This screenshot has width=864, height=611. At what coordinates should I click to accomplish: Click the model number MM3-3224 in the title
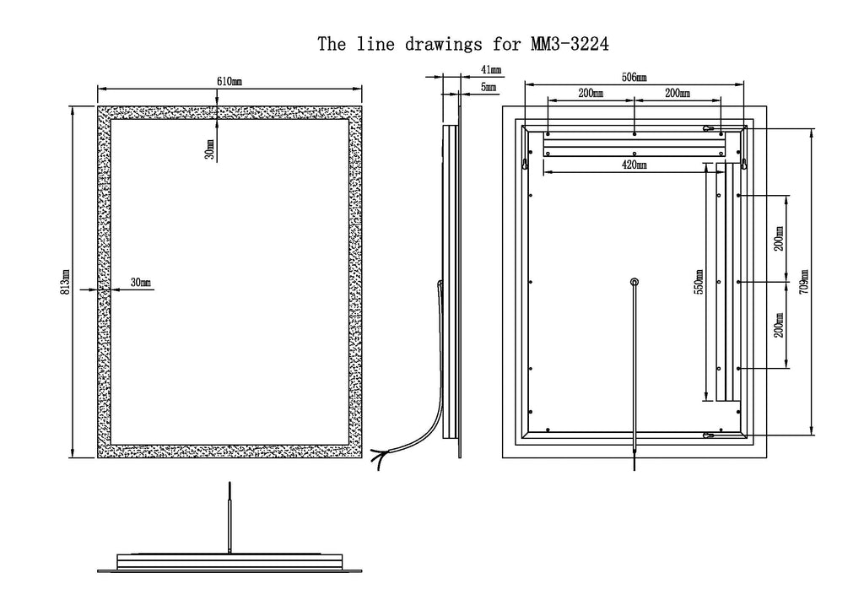click(570, 44)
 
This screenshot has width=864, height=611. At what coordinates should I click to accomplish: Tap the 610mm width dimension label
click(229, 82)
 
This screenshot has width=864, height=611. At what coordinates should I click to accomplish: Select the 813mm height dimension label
click(65, 282)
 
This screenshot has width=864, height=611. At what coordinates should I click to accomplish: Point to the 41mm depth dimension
click(491, 70)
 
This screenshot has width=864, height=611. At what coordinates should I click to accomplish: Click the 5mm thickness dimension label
click(489, 87)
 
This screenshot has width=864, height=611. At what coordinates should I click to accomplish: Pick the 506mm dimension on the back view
click(634, 77)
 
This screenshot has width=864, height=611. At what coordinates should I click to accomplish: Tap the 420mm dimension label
click(634, 165)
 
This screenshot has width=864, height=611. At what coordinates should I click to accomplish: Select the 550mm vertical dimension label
click(699, 282)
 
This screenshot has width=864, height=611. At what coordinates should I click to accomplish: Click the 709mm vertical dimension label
click(804, 282)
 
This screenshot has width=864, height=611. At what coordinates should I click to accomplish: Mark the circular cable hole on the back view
click(634, 282)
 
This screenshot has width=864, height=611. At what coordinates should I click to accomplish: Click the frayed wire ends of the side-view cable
click(378, 458)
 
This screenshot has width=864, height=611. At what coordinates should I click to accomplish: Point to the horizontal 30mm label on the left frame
click(141, 283)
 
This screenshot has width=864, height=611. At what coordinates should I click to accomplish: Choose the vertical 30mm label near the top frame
click(209, 149)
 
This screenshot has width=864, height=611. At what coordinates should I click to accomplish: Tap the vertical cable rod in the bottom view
click(229, 518)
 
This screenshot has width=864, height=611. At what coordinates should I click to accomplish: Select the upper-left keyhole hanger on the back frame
click(525, 163)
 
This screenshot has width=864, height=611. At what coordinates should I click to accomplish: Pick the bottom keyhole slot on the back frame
click(709, 435)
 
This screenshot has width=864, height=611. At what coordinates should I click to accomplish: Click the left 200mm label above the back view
click(590, 93)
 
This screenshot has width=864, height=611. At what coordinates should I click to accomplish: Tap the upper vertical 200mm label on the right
click(779, 239)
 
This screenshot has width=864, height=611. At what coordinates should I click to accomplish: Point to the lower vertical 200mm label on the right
click(779, 325)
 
